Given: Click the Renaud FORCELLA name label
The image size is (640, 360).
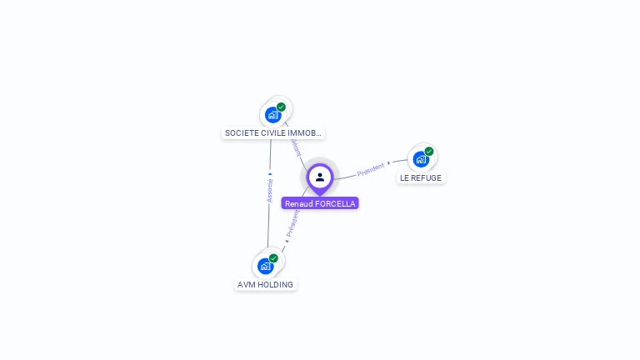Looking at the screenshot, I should (x=320, y=203).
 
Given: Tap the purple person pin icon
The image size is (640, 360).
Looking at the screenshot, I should (x=320, y=177).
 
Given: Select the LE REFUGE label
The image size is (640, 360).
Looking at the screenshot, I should (x=421, y=177).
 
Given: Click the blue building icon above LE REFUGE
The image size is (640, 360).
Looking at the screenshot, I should (x=421, y=158).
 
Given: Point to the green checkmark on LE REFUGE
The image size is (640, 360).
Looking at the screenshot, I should (x=429, y=152).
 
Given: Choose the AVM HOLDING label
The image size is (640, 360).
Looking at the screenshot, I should (x=265, y=284).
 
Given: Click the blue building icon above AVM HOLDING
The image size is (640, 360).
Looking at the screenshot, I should (x=265, y=266).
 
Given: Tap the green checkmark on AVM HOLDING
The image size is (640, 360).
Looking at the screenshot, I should (x=273, y=258).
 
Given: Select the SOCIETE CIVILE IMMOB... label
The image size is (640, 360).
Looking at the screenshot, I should (x=272, y=132).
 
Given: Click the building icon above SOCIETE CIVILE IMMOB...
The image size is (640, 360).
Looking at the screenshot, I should (x=272, y=114).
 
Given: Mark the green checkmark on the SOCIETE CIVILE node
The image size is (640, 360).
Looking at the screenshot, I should (x=282, y=107).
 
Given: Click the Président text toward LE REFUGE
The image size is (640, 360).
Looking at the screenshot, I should (x=370, y=170).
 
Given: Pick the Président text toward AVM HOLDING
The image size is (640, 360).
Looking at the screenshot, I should (x=292, y=223).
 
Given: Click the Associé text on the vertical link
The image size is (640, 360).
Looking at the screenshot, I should (x=269, y=190).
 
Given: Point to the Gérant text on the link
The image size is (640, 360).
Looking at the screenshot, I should (x=295, y=147).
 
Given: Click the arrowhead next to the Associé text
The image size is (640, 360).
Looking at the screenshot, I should (x=269, y=174).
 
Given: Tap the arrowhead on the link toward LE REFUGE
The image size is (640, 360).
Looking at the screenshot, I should (x=389, y=162).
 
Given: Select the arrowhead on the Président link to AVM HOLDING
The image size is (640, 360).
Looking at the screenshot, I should (x=287, y=241).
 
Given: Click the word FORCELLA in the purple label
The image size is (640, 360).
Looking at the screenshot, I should (x=336, y=203).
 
